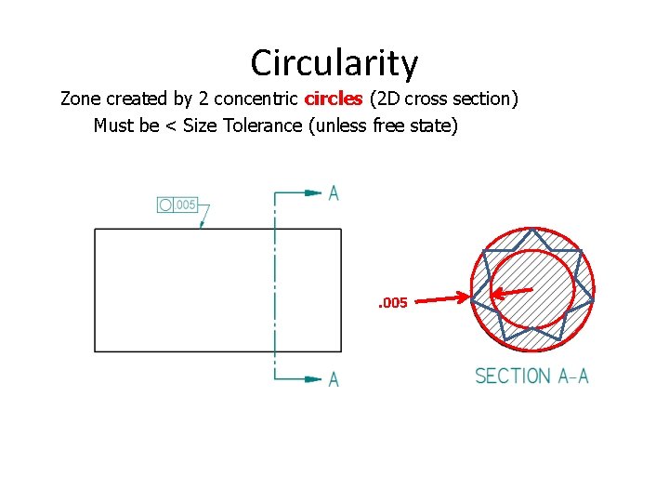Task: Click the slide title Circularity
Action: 334,63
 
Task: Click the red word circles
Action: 334,98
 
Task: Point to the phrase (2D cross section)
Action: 443,98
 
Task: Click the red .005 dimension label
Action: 392,303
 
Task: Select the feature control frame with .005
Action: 177,205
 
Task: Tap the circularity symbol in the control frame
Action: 165,205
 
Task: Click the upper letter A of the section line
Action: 334,193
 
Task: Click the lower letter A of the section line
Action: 334,379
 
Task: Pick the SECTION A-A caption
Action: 531,376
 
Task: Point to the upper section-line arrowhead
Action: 313,193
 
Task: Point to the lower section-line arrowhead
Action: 313,378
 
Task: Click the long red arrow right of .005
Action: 442,299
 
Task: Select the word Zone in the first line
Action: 80,98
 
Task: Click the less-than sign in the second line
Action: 171,125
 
